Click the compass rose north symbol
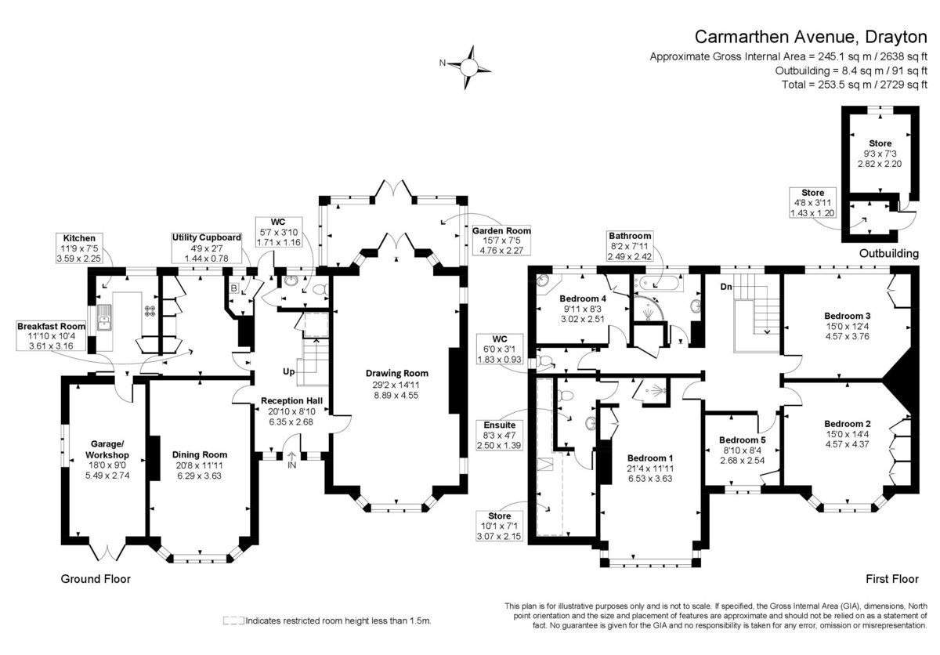(x=468, y=67)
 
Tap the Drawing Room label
(x=397, y=373)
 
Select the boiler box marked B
(x=233, y=288)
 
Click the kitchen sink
(x=103, y=317)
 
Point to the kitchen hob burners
(x=150, y=311)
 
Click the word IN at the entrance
(x=291, y=465)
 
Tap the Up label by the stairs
(x=289, y=372)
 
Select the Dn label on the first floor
(x=726, y=287)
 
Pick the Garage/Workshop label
(x=107, y=450)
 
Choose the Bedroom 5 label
(x=743, y=440)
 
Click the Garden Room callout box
(x=501, y=241)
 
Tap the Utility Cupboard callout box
(x=207, y=248)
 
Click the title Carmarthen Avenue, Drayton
(x=811, y=37)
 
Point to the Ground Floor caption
(x=96, y=579)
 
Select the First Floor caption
(x=892, y=579)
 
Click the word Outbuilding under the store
(x=889, y=253)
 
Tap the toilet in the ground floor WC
(x=321, y=289)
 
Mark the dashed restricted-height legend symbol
(x=233, y=621)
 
